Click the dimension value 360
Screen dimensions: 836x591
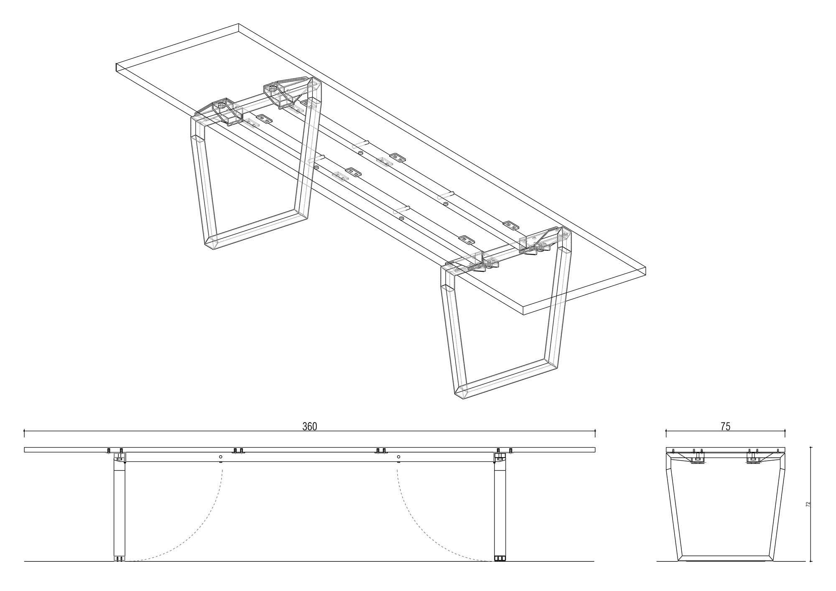[x=310, y=426]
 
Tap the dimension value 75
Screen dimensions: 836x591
[x=725, y=426]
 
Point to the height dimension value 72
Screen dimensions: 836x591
[x=808, y=504]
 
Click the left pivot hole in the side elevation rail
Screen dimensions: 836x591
[x=221, y=457]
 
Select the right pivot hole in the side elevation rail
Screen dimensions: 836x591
[x=398, y=457]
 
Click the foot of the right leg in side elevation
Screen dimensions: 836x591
[x=500, y=558]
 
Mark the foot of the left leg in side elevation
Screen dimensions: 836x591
[x=120, y=558]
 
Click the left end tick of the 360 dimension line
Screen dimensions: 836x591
[x=24, y=431]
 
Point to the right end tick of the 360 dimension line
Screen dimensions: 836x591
[x=595, y=431]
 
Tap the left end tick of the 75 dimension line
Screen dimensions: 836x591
[x=666, y=431]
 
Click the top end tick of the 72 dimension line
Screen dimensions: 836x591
[x=811, y=447]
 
